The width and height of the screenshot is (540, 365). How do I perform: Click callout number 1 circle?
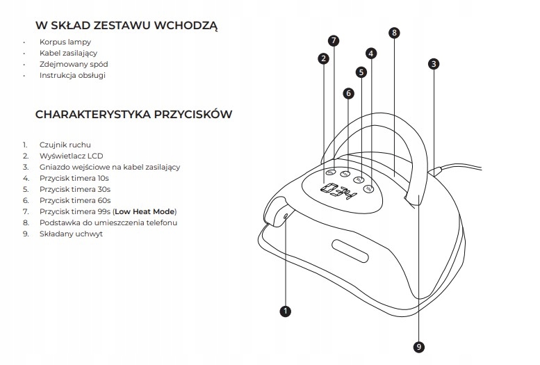pyautogui.click(x=285, y=311)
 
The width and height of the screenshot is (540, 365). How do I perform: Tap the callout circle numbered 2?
pyautogui.click(x=323, y=58)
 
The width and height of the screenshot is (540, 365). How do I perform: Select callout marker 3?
pyautogui.click(x=434, y=64)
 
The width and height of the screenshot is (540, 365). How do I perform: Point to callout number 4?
pyautogui.click(x=371, y=53)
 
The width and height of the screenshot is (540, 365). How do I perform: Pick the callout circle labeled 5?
pyautogui.click(x=361, y=72)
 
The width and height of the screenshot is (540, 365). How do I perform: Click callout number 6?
pyautogui.click(x=348, y=92)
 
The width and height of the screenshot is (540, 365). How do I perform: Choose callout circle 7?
pyautogui.click(x=334, y=40)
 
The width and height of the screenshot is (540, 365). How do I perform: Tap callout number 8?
pyautogui.click(x=394, y=33)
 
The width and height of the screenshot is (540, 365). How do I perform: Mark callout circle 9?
pyautogui.click(x=418, y=346)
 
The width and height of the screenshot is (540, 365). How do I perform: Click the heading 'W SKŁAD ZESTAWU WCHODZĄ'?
pyautogui.click(x=127, y=27)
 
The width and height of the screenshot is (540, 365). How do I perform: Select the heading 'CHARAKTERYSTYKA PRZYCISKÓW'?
pyautogui.click(x=133, y=114)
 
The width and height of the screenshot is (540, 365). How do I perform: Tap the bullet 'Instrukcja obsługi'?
pyautogui.click(x=73, y=75)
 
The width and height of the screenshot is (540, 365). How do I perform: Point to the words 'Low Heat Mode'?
pyautogui.click(x=145, y=211)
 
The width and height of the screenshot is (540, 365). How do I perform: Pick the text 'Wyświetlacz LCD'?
pyautogui.click(x=72, y=156)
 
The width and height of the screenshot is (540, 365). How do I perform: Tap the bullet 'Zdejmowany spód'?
pyautogui.click(x=74, y=64)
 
